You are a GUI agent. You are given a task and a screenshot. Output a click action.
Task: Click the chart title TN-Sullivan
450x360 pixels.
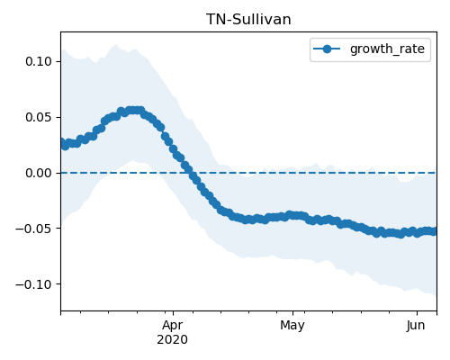pos(248,20)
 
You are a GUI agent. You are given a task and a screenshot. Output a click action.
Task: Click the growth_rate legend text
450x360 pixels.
pos(387,49)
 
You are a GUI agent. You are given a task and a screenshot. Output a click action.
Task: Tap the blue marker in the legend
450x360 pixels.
pos(327,49)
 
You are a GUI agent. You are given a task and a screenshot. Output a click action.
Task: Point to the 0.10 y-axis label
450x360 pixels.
pos(39,61)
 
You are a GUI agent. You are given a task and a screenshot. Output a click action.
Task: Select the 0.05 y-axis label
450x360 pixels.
pos(39,117)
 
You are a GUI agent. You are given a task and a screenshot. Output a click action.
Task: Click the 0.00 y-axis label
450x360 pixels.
pos(39,173)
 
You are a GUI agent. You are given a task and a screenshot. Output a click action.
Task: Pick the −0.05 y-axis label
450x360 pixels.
pos(34,229)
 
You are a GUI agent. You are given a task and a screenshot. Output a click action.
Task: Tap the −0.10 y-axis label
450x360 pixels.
pos(34,284)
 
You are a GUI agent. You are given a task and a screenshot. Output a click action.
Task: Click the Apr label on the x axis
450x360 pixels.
pos(173,326)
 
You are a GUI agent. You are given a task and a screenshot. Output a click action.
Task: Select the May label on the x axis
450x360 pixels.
pos(292,326)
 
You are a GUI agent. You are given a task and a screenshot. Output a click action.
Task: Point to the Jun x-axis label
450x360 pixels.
pos(416,326)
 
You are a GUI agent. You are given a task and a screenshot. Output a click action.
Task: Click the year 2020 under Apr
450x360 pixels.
pos(173,340)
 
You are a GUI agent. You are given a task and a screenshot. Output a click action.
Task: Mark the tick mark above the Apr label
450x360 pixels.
pos(173,313)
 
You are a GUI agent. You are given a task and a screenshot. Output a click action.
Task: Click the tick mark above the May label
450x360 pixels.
pos(292,313)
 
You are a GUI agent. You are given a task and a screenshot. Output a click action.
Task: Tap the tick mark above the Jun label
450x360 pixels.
pos(417,313)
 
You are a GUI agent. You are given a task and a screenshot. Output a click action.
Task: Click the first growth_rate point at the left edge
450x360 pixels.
pos(61,142)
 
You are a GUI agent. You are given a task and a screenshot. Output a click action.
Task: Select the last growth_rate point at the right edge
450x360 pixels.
pos(434,231)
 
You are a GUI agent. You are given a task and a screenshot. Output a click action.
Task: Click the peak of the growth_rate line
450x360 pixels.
pos(133,111)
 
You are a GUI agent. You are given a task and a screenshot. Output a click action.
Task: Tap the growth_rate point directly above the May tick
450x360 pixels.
pos(292,215)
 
